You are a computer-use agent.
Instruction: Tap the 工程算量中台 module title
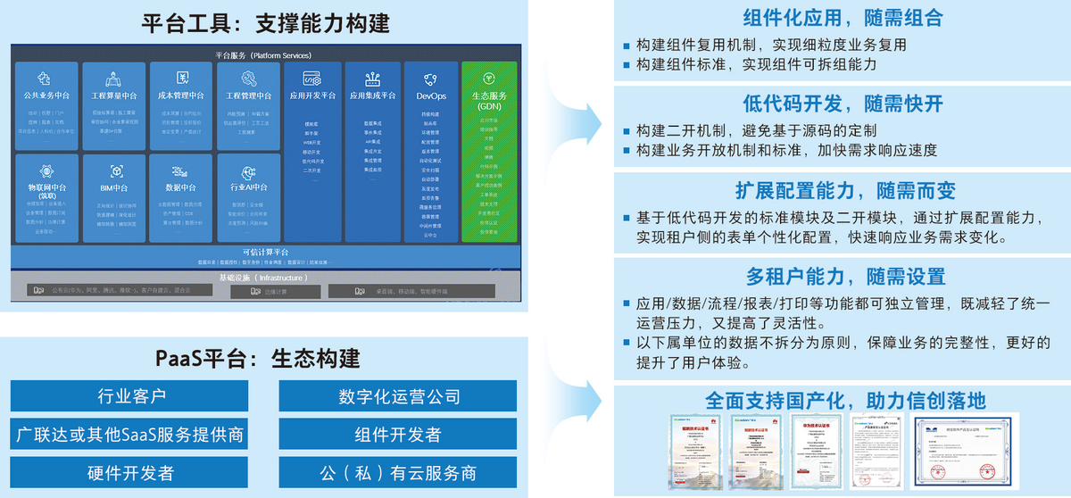tap(113, 95)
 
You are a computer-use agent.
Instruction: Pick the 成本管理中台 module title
tap(181, 95)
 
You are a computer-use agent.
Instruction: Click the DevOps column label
tap(431, 95)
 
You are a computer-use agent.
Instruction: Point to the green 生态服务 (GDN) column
tap(490, 152)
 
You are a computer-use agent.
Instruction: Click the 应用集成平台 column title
tap(372, 95)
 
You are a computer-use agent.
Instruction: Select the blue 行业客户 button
tap(130, 396)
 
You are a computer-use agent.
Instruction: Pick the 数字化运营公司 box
tap(398, 396)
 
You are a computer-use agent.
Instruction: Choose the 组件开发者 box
tap(398, 435)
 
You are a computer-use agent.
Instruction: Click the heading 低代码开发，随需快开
tap(842, 104)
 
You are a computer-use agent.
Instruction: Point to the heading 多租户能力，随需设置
tap(842, 277)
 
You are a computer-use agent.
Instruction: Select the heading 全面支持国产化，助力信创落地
tap(842, 400)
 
